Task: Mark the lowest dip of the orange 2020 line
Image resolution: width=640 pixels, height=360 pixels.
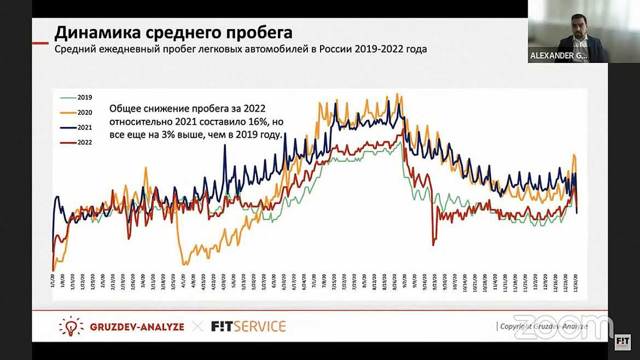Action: (x=184, y=264)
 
